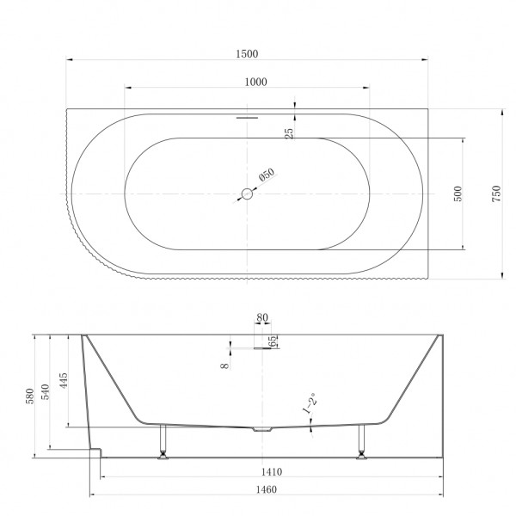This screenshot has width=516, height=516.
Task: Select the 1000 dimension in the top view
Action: [x=255, y=82]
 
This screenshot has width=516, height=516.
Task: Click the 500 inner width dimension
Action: [x=458, y=195]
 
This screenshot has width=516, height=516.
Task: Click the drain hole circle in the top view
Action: [x=247, y=194]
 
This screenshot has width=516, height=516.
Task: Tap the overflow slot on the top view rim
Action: [x=247, y=114]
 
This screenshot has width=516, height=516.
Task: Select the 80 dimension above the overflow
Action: [x=262, y=317]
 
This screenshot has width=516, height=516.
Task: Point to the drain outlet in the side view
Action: [x=261, y=427]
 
